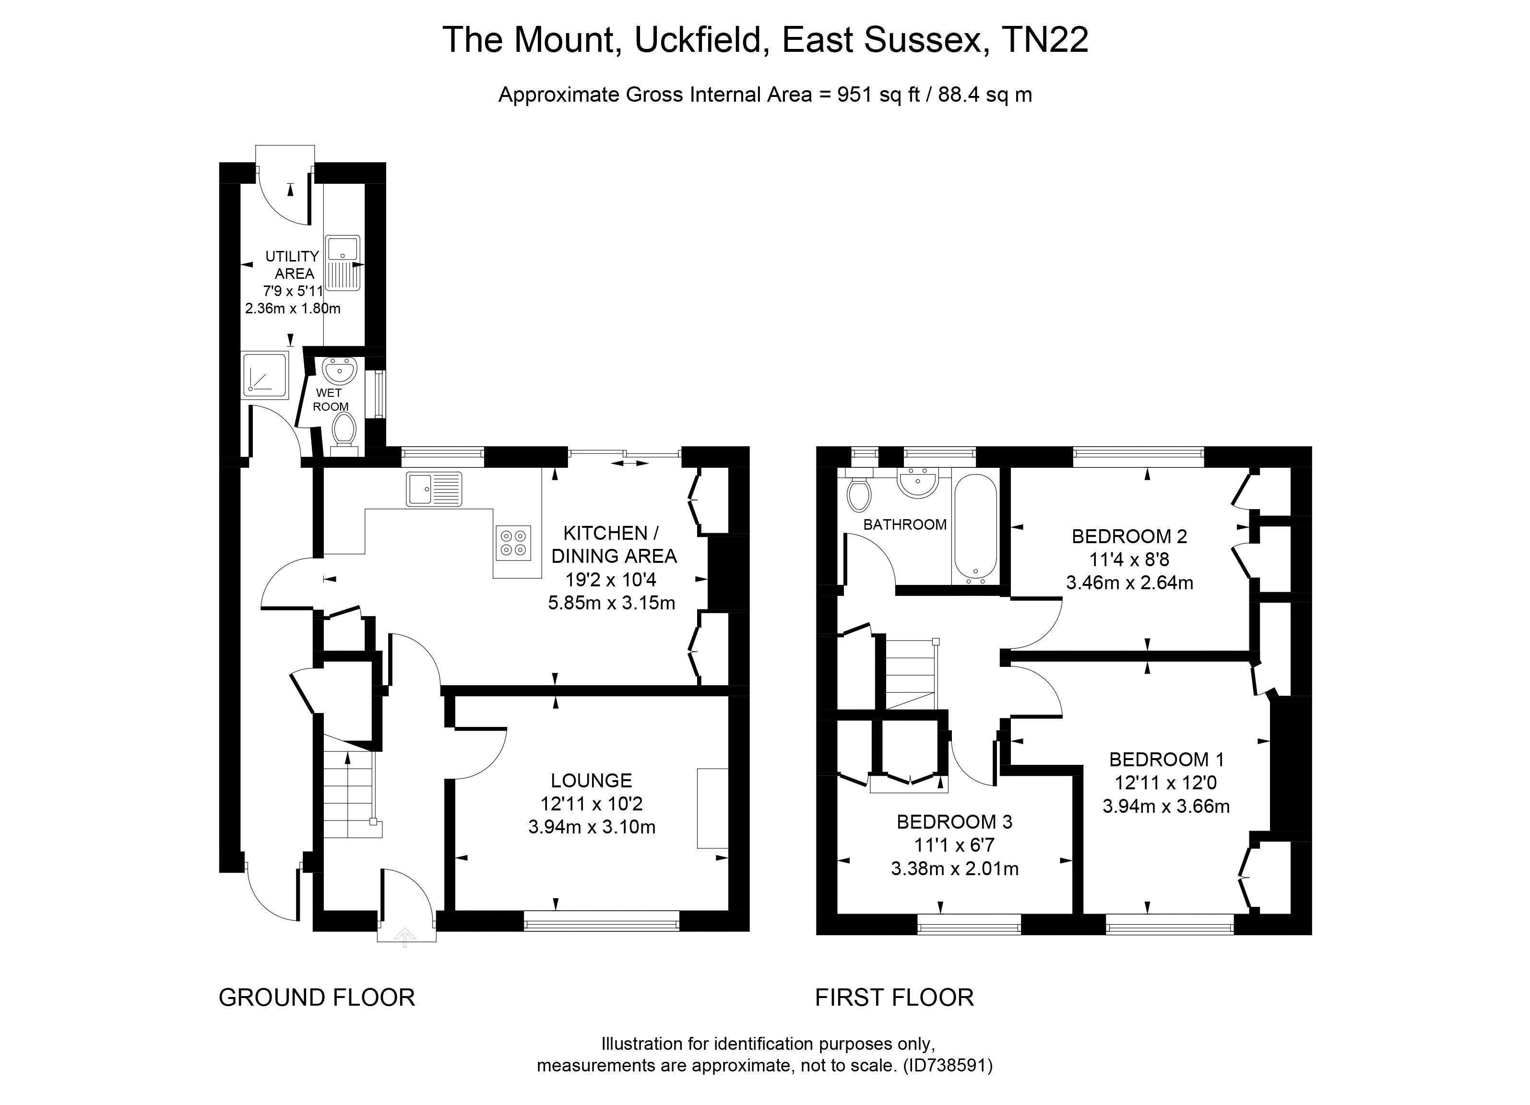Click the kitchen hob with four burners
(x=513, y=543)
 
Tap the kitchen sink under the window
(x=434, y=489)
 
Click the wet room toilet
(x=344, y=432)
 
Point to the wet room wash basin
(x=339, y=370)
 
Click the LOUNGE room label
(x=591, y=781)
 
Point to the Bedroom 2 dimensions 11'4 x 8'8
(x=1129, y=559)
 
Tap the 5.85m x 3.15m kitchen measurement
(x=611, y=603)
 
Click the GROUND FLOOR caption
(x=316, y=997)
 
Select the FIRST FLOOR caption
(x=894, y=997)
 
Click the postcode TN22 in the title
(x=1045, y=40)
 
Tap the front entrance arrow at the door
(x=405, y=937)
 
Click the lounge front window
(x=601, y=921)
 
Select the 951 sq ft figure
(x=878, y=95)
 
